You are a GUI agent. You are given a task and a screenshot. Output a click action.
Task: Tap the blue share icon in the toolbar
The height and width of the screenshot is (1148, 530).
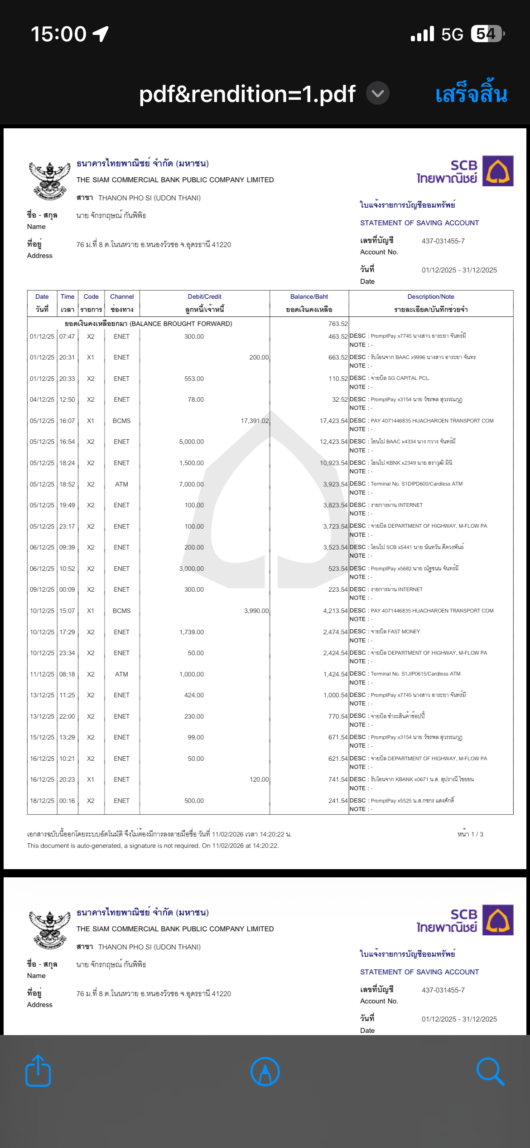click(38, 1071)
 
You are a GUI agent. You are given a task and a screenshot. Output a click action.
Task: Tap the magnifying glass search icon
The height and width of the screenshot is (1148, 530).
click(490, 1072)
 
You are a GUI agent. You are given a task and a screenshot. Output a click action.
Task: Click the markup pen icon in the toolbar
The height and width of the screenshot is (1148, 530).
click(265, 1072)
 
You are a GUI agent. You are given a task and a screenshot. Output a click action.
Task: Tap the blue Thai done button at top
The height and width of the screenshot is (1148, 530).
click(471, 94)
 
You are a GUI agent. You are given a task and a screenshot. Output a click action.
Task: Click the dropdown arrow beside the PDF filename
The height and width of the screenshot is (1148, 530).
click(377, 93)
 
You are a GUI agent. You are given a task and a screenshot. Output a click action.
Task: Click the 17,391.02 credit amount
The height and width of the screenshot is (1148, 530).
click(255, 421)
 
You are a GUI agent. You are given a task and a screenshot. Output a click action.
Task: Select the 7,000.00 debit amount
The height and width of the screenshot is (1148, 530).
click(191, 484)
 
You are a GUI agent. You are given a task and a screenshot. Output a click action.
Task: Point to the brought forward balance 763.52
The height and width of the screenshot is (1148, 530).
click(338, 324)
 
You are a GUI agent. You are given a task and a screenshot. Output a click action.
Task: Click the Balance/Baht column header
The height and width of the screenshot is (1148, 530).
click(309, 297)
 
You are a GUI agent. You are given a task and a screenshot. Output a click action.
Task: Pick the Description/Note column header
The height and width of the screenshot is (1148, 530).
click(430, 297)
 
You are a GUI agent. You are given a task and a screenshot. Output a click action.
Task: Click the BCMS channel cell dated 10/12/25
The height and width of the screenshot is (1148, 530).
click(121, 611)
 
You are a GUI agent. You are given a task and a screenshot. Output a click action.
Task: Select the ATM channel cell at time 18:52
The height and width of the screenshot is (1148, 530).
click(121, 484)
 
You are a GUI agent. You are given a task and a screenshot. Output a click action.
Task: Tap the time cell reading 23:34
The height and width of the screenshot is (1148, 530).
click(67, 653)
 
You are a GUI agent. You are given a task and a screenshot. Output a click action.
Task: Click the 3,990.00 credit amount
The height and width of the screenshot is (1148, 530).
click(256, 611)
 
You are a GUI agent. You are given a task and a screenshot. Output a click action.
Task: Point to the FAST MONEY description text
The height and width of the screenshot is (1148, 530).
click(395, 632)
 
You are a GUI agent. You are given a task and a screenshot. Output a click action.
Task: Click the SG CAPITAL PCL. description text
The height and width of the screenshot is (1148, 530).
click(400, 378)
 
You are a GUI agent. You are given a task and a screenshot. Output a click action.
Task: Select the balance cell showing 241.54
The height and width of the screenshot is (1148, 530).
click(338, 801)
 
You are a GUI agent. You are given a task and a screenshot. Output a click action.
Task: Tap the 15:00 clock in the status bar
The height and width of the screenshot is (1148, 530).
click(58, 34)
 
